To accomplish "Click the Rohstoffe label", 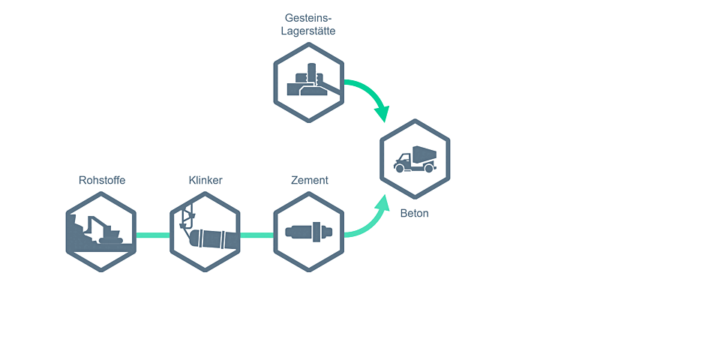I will pyautogui.click(x=102, y=180).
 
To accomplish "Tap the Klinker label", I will pyautogui.click(x=205, y=180).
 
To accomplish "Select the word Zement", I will pyautogui.click(x=310, y=180).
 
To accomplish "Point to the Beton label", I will pyautogui.click(x=415, y=213).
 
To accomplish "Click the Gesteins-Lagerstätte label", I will pyautogui.click(x=310, y=24).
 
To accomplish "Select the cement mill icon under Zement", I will pyautogui.click(x=309, y=232).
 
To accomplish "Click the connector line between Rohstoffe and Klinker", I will pyautogui.click(x=154, y=235).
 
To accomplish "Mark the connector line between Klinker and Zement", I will pyautogui.click(x=257, y=235).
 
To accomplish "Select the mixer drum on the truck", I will pyautogui.click(x=424, y=153).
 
